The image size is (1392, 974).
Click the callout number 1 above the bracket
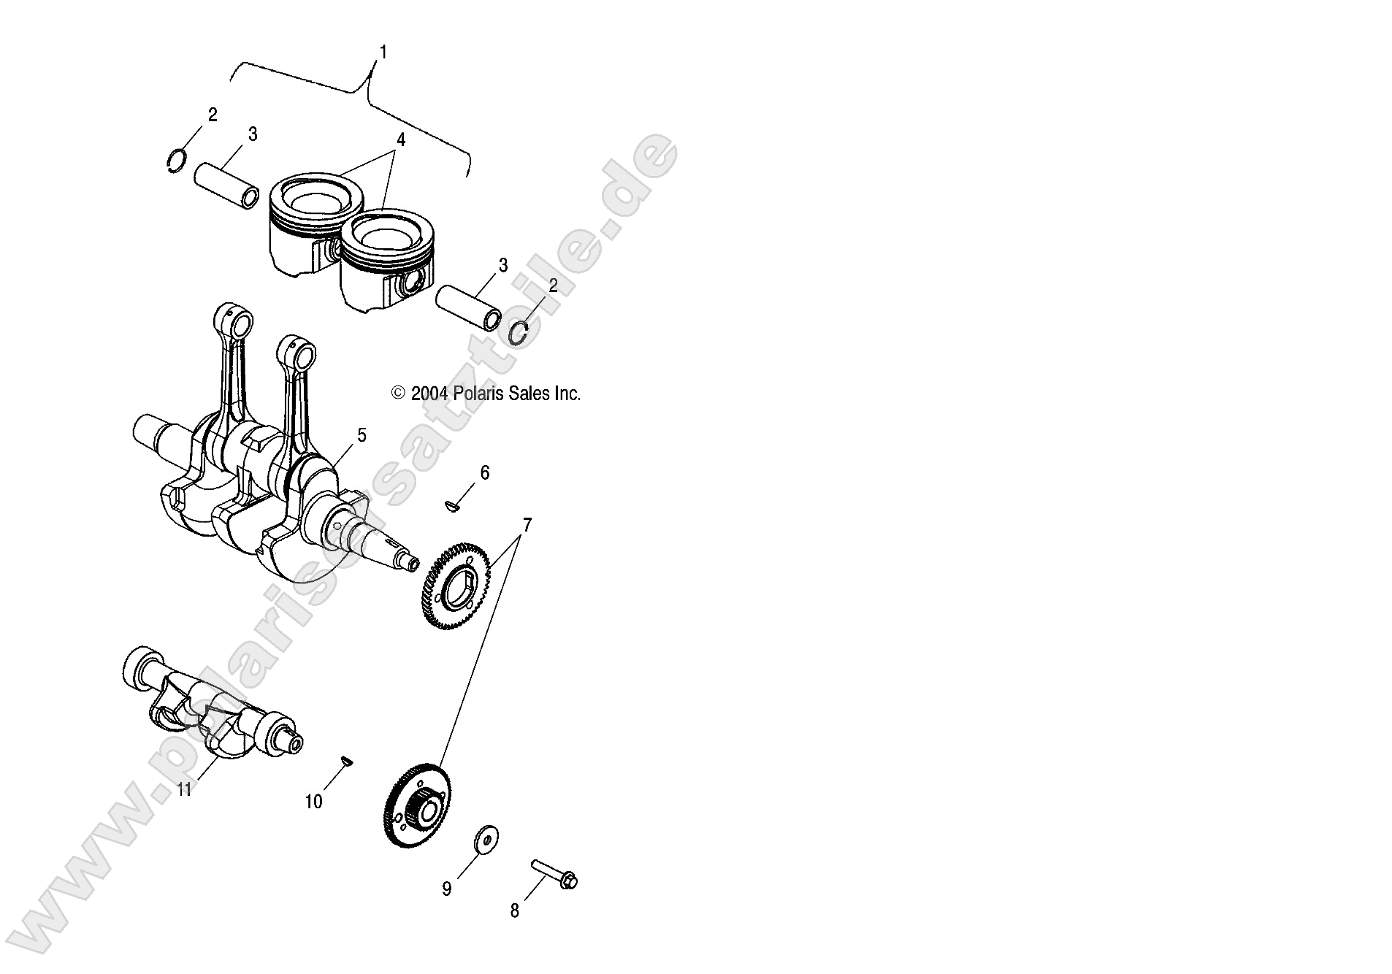click(x=383, y=52)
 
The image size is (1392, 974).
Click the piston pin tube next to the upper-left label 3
click(x=226, y=187)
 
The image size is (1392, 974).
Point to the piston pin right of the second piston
click(x=468, y=307)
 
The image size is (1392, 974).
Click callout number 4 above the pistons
click(x=400, y=139)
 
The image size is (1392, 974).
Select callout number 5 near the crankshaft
click(x=362, y=436)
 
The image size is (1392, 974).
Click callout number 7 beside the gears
click(x=527, y=524)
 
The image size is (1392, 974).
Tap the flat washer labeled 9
click(x=484, y=840)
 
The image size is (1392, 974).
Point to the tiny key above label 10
click(x=348, y=762)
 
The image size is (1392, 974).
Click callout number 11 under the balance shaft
click(x=184, y=789)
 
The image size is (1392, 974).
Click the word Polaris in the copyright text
click(x=477, y=394)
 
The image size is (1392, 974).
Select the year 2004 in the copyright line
click(x=429, y=394)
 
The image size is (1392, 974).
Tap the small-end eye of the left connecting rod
click(x=233, y=320)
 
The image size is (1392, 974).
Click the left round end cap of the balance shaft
click(x=138, y=666)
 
